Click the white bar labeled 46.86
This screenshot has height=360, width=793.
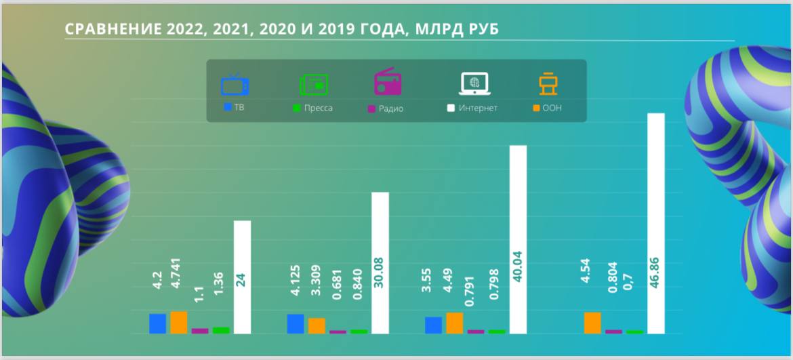655,224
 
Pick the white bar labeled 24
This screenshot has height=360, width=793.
242,277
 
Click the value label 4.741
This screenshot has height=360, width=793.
178,279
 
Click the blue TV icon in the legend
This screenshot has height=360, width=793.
235,85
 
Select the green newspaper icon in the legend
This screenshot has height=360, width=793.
314,85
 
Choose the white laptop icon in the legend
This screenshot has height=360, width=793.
474,83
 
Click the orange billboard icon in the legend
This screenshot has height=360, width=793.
548,84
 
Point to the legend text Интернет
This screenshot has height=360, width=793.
478,108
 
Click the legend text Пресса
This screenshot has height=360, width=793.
318,108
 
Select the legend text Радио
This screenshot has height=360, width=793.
390,108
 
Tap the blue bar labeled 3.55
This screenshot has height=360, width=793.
433,325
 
